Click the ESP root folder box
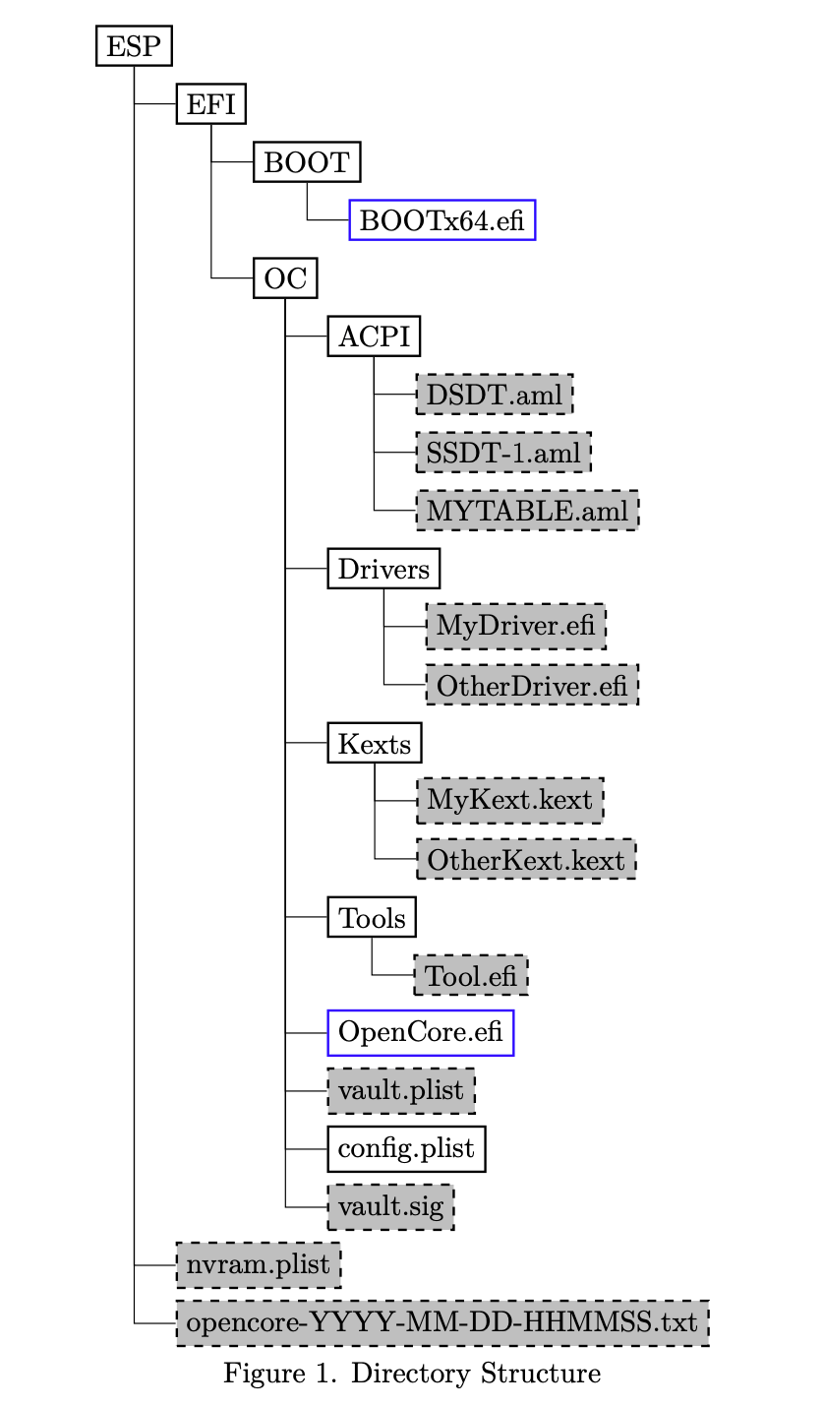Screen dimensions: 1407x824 pos(134,46)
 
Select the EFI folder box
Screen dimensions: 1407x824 pos(210,104)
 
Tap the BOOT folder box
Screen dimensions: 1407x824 pos(307,162)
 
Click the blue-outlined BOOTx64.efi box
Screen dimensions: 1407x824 pos(442,220)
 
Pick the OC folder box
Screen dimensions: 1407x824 pos(285,279)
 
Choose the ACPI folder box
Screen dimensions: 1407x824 pos(374,336)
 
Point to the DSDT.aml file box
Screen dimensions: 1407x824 pos(495,395)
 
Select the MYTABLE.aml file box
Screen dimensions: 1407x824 pos(527,511)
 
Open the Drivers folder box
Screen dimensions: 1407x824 pos(383,569)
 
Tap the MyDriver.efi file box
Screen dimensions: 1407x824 pos(515,627)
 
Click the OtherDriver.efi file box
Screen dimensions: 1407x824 pos(531,685)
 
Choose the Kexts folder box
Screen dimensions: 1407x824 pos(375,743)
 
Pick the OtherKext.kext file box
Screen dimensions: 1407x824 pos(526,860)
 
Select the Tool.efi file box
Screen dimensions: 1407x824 pos(471,976)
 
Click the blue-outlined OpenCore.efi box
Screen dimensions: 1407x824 pos(421,1033)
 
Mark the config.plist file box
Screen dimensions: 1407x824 pos(406,1148)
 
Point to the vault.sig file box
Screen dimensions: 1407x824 pos(390,1206)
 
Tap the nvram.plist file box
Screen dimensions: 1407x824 pos(258,1264)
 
